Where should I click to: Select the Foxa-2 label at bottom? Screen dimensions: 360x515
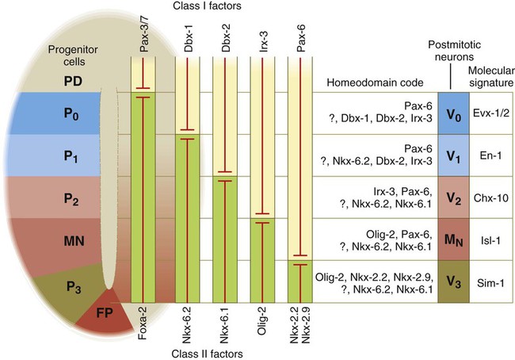(143, 324)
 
